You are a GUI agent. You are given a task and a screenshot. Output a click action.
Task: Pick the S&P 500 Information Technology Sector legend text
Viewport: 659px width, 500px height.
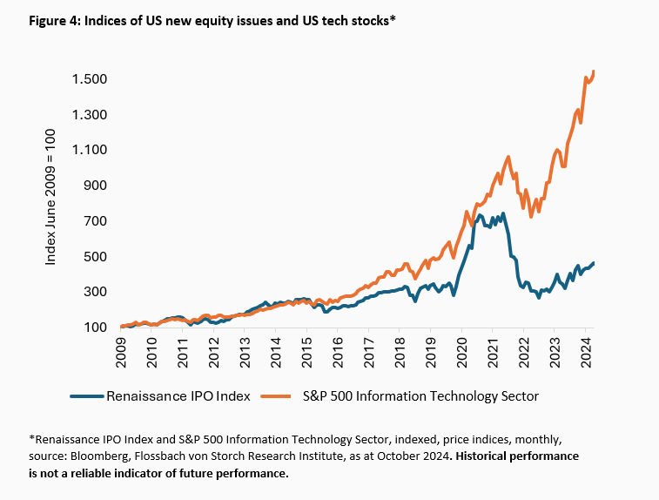pos(420,396)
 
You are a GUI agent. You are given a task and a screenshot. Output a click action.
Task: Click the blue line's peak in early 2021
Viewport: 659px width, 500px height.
pos(481,213)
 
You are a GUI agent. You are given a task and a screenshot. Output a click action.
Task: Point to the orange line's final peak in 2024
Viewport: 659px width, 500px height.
pos(594,71)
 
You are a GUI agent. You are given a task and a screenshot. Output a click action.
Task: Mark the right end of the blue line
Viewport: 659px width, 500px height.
pos(594,263)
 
